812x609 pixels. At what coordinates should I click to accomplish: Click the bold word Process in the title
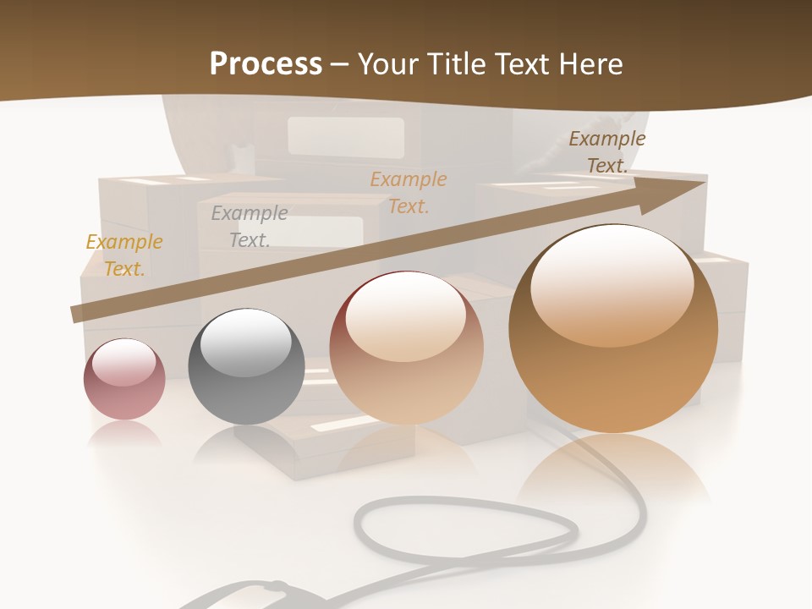coord(266,64)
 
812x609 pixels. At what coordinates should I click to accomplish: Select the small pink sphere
coord(124,379)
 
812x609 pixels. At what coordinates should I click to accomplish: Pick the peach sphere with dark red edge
coord(406,348)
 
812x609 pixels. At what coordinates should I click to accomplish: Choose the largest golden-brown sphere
coord(613,330)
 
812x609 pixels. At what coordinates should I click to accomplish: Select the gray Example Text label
coord(250,227)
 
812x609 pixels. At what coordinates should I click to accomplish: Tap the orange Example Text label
coord(409,192)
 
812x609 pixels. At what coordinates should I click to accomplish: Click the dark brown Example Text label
coord(607,152)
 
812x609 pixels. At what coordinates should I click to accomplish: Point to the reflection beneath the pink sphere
coord(124,433)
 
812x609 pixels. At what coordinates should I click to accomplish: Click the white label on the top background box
coord(345,135)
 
